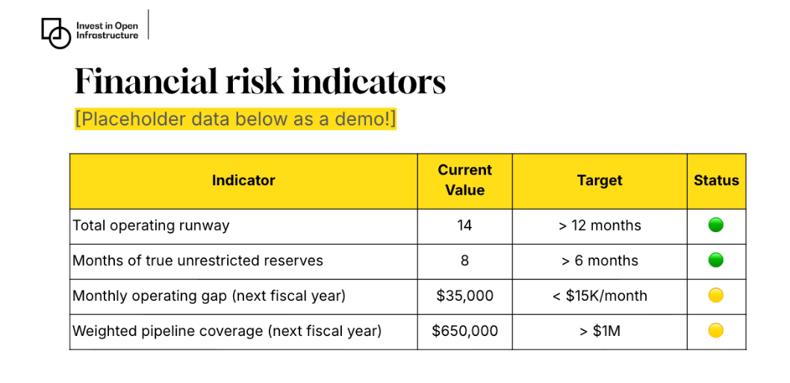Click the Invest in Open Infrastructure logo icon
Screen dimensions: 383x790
tap(56, 32)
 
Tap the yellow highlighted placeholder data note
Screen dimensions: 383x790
tap(235, 119)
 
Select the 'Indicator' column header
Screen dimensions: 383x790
tap(243, 181)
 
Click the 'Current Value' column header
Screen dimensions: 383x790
tap(464, 181)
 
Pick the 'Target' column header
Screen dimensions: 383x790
tap(600, 181)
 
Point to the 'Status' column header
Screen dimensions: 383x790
tap(716, 181)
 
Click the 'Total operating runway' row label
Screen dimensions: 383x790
tap(151, 225)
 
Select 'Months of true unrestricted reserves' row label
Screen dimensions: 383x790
tap(198, 261)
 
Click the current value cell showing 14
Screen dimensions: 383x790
tap(464, 225)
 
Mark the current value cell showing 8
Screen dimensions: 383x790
tap(464, 261)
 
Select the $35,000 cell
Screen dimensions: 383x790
tap(464, 296)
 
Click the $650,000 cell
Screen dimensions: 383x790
tap(464, 331)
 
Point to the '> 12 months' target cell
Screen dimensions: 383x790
tap(600, 225)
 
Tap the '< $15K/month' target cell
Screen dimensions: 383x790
tap(600, 296)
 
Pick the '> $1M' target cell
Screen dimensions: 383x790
tap(600, 331)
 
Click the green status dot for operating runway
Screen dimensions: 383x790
tap(716, 225)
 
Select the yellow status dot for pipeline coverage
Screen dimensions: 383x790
tap(716, 330)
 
